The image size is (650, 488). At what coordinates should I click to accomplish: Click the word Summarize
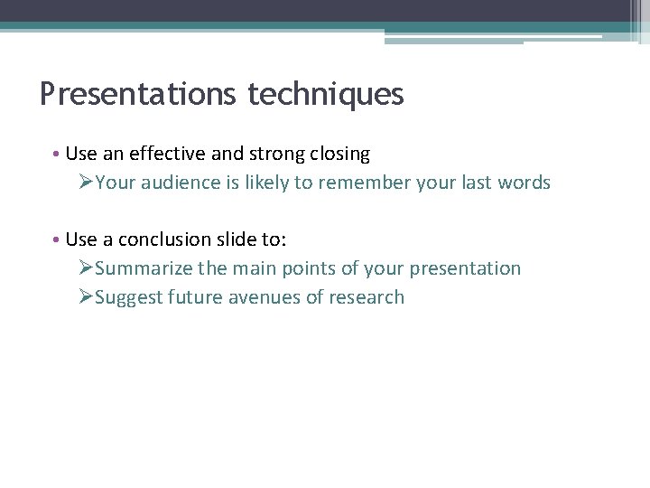[x=142, y=268]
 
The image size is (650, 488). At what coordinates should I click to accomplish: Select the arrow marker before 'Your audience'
[x=86, y=183]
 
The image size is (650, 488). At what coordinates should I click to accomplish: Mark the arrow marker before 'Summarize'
[x=86, y=268]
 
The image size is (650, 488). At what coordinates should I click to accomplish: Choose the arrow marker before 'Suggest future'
[x=86, y=297]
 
